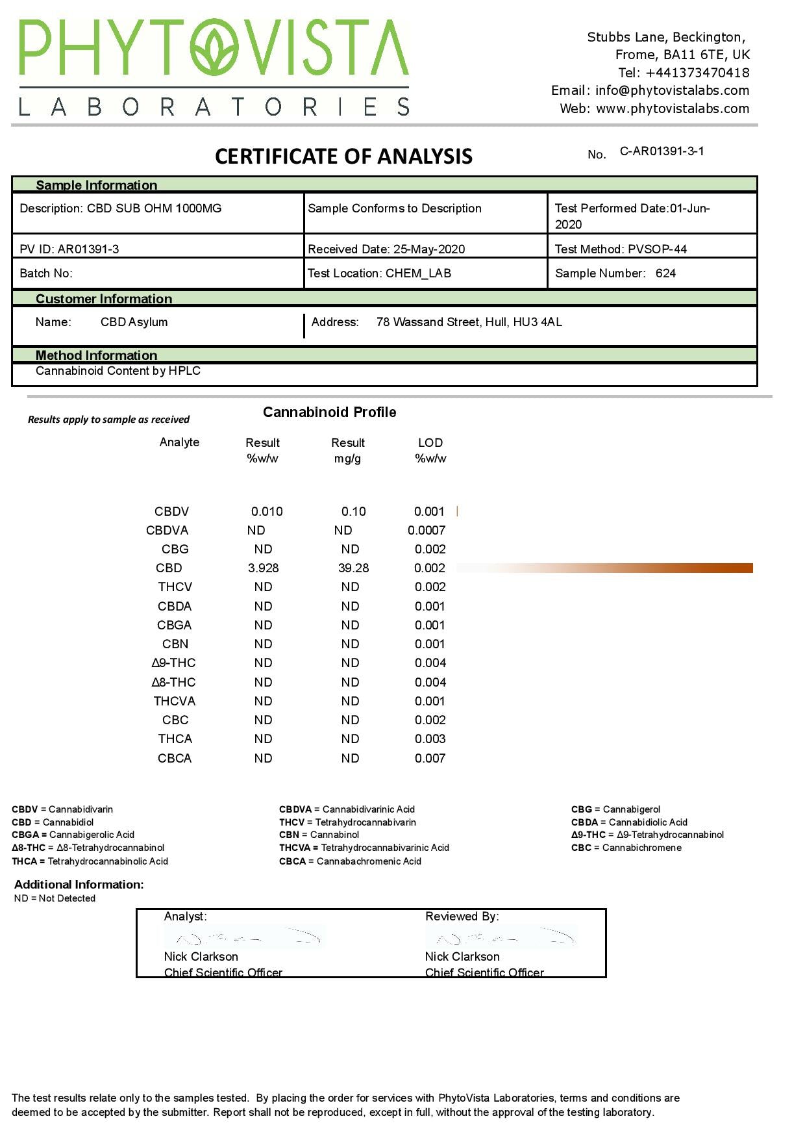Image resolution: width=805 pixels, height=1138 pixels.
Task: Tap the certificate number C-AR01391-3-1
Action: coord(662,151)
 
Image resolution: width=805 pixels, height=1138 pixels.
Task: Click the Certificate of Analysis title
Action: coord(343,157)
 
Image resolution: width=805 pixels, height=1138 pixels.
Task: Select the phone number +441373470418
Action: coord(697,73)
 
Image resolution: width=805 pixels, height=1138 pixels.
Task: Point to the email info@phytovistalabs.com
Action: coord(672,91)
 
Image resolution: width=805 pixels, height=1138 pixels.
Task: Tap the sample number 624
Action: coord(665,273)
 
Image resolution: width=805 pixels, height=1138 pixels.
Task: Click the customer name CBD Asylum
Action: coord(134,322)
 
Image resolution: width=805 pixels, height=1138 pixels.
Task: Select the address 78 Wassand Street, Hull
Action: coord(469,322)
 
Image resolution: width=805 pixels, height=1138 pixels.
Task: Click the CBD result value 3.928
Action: coord(263,568)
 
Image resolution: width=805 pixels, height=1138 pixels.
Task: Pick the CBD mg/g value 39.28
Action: coord(353,568)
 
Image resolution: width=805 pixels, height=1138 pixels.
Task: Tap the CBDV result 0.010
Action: coord(267,512)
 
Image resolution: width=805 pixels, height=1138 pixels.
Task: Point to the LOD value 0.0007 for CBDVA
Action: coord(427,531)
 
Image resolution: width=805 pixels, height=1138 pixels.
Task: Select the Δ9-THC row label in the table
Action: coord(173,663)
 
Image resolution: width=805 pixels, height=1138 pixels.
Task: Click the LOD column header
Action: coord(430,443)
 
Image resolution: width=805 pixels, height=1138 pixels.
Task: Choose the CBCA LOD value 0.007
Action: coord(430,759)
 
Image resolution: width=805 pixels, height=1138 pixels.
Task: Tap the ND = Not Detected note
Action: coord(55,899)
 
